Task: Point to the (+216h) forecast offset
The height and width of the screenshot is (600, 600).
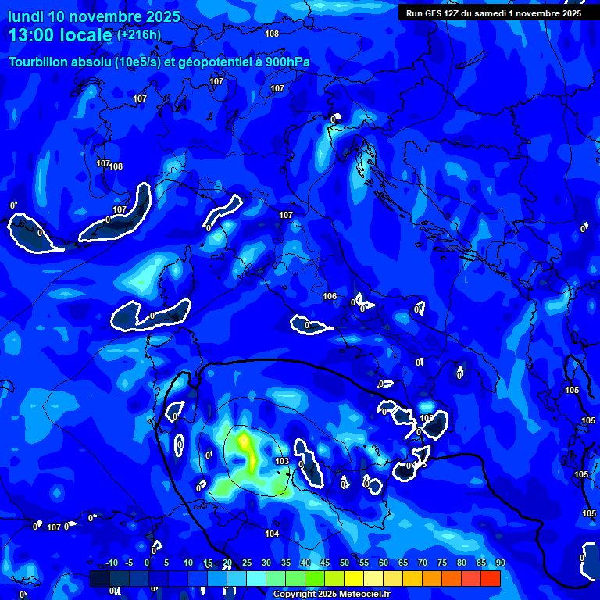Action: pos(138,35)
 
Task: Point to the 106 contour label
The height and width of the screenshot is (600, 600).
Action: pos(330,297)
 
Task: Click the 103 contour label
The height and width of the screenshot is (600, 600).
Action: pos(283,462)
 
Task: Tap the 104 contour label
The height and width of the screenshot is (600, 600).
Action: pos(272,534)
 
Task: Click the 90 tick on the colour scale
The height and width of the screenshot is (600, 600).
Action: pos(500,563)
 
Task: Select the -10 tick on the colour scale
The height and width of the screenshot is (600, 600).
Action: pos(111,563)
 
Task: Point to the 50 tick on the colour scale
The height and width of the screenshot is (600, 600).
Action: pos(345,563)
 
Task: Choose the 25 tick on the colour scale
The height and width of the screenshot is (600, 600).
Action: pos(247,563)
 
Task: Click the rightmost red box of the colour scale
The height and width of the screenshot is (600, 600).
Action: pos(490,578)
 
